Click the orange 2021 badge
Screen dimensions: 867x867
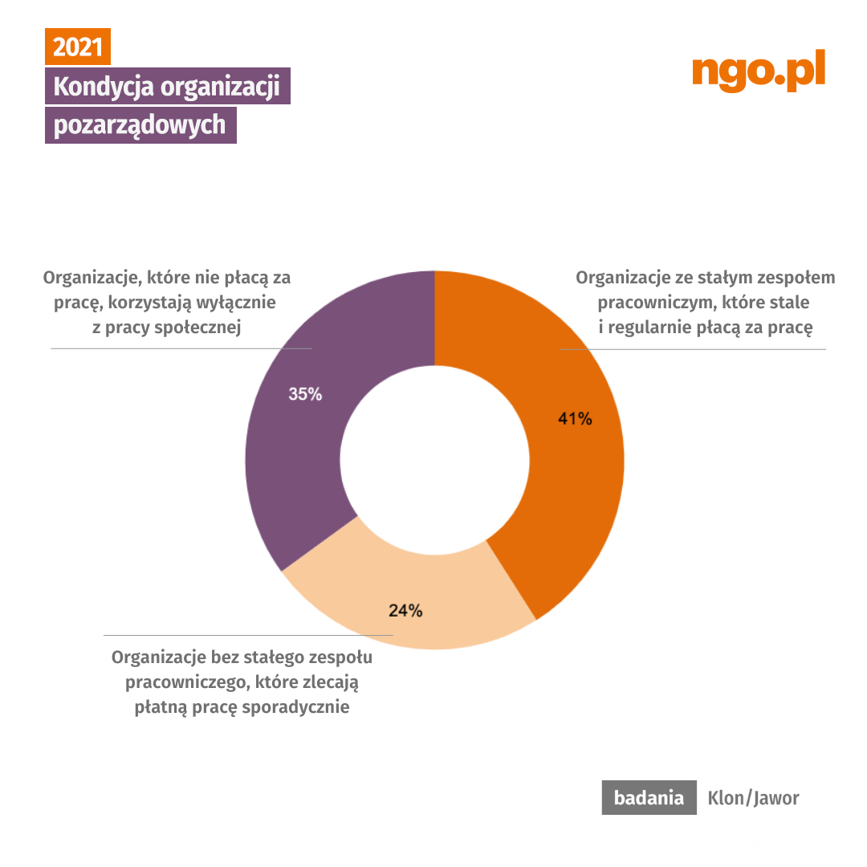click(x=77, y=48)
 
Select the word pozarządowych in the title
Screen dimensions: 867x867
click(x=140, y=126)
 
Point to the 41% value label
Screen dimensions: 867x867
click(x=575, y=418)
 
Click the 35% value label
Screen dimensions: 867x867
click(x=305, y=394)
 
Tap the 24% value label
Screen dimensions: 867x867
click(x=405, y=610)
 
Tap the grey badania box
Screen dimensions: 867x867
click(x=649, y=798)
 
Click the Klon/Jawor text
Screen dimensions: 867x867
click(x=753, y=798)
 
